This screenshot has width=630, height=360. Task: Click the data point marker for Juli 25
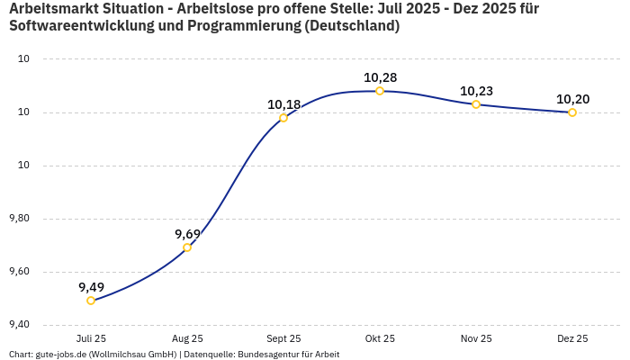pyautogui.click(x=91, y=301)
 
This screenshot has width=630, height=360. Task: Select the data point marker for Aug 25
pyautogui.click(x=187, y=247)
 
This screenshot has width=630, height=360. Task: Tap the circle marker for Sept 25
pyautogui.click(x=283, y=118)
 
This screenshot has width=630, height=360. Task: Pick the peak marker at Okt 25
pyautogui.click(x=380, y=91)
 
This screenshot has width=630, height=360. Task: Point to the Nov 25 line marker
pyautogui.click(x=476, y=104)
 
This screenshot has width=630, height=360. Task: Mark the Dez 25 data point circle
pyautogui.click(x=572, y=112)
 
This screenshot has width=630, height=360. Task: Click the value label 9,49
pyautogui.click(x=91, y=287)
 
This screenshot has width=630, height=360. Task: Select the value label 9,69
pyautogui.click(x=187, y=234)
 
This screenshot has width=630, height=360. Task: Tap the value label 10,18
pyautogui.click(x=283, y=104)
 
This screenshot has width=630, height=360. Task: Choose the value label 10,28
pyautogui.click(x=380, y=77)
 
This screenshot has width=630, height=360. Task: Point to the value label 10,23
pyautogui.click(x=476, y=91)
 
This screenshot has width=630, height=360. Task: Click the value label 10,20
pyautogui.click(x=572, y=99)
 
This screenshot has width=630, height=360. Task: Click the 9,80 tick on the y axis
pyautogui.click(x=18, y=219)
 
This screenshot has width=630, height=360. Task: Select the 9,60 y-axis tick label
pyautogui.click(x=18, y=272)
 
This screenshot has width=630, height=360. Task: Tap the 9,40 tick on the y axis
pyautogui.click(x=18, y=325)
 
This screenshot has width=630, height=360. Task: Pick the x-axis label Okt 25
pyautogui.click(x=380, y=338)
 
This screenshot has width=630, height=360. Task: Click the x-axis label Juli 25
pyautogui.click(x=91, y=338)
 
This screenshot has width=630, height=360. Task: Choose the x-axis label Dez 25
pyautogui.click(x=572, y=338)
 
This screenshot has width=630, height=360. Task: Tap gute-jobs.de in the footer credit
pyautogui.click(x=58, y=355)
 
